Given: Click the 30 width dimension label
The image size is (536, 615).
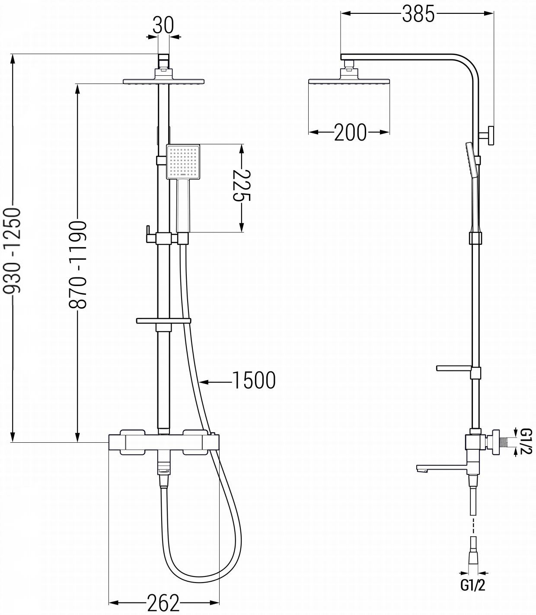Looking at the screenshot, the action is tap(163, 25).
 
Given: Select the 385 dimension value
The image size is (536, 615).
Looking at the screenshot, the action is tap(418, 14).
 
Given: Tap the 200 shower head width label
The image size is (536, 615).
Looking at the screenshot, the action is tap(350, 132).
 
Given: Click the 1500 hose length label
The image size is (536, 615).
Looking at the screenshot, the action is tap(254, 380).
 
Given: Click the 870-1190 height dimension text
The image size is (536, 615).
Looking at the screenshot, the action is tap(78, 264).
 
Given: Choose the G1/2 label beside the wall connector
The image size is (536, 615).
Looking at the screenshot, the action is tap(526, 441).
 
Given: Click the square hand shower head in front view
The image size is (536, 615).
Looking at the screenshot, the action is tap(183, 162).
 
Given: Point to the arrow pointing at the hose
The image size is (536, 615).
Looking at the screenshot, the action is tap(215, 382).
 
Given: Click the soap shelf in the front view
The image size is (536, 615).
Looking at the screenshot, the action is tap(163, 321).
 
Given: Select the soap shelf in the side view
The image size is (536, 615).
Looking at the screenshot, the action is tap(454, 368).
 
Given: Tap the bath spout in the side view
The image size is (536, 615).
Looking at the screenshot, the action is tap(442, 468).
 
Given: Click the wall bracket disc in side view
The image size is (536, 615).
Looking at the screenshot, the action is tap(491, 135).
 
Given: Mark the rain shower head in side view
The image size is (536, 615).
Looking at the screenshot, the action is tap(349, 81).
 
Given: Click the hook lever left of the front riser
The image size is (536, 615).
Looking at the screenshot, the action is tap(149, 235).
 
